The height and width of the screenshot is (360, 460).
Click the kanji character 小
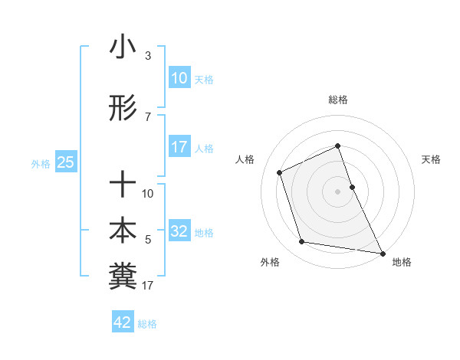[123, 47]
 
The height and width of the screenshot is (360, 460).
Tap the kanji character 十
[123, 185]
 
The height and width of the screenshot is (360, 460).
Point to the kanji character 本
[123, 231]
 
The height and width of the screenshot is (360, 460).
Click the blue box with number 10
[179, 77]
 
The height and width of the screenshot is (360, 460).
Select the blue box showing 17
[179, 146]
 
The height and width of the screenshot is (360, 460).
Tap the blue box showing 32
[179, 231]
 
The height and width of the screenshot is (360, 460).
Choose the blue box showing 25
[65, 162]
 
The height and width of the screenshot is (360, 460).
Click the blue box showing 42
[123, 322]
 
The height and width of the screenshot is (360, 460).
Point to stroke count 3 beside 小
[148, 56]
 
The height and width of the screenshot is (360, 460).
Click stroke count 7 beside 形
[148, 116]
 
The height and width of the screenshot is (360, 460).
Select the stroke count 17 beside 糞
[148, 286]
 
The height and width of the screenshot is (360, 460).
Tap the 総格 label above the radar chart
[338, 100]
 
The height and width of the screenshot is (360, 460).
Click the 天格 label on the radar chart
[431, 159]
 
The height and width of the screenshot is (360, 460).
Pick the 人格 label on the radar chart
[245, 159]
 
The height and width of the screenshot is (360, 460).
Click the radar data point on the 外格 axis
[302, 242]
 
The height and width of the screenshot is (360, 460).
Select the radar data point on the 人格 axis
[280, 172]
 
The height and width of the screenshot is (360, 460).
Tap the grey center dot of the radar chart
[338, 191]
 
